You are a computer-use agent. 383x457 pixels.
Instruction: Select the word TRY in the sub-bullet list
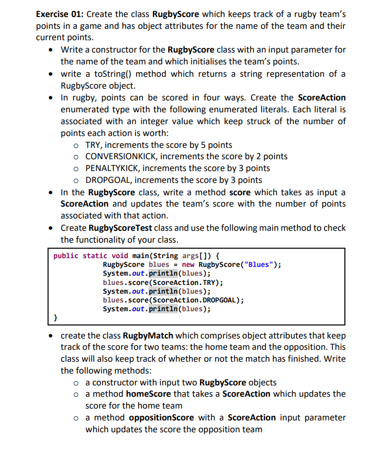93,145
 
